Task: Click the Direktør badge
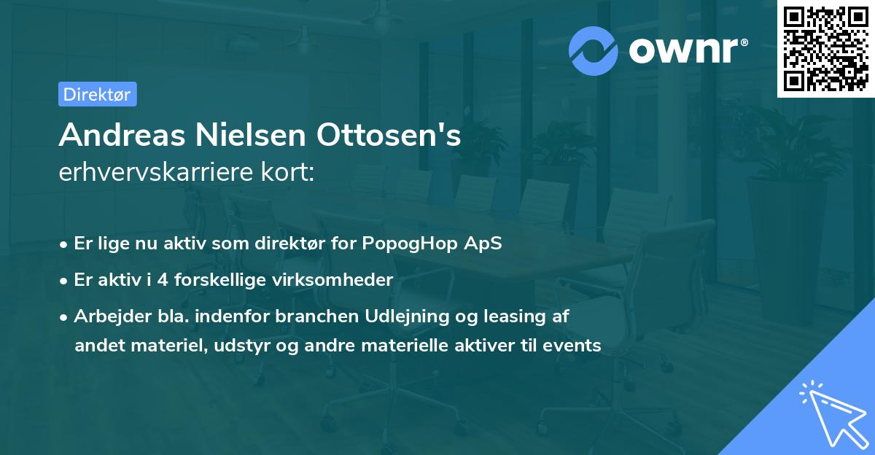point(97,94)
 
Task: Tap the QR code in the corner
point(825,48)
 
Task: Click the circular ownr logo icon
point(594,50)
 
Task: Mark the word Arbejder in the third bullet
point(104,316)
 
